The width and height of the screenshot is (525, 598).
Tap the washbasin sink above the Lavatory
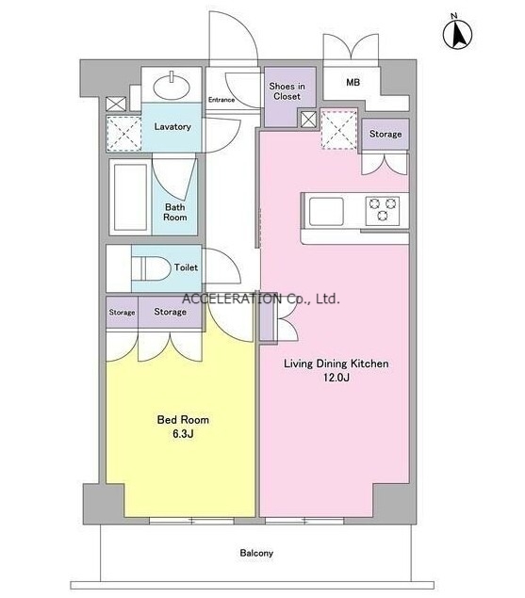[172, 86]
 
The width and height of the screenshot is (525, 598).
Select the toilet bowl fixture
[151, 267]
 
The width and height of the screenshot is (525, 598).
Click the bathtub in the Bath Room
[131, 197]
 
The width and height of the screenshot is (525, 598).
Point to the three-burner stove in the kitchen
[382, 210]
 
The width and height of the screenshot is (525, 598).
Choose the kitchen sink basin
[326, 211]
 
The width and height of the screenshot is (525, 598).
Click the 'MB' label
[353, 82]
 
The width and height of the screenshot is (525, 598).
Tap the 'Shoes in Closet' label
[287, 91]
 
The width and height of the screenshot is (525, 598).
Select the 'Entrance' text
[221, 100]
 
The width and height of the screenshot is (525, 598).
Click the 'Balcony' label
[256, 553]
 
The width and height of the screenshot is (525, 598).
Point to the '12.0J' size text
[336, 378]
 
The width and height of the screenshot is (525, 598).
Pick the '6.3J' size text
[183, 433]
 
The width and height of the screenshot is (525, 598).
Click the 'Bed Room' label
[183, 420]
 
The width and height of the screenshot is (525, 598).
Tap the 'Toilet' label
[186, 267]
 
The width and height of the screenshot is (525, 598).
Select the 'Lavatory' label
[172, 126]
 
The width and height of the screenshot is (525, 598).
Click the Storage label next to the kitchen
[386, 134]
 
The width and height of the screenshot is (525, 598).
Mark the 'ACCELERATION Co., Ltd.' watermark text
[261, 299]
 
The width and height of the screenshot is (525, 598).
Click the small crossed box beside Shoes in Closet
[308, 120]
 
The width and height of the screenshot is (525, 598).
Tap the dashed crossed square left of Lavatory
[123, 133]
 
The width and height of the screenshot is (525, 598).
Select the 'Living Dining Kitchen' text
[336, 364]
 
